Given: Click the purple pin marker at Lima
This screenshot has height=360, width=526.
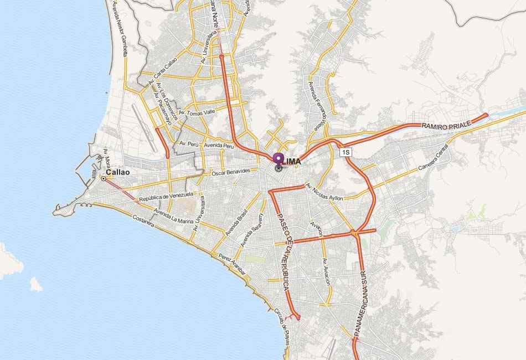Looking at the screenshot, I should tap(278, 158).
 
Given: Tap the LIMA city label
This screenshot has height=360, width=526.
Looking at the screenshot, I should tap(292, 161).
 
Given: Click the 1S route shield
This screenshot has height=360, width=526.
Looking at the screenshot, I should tap(346, 152).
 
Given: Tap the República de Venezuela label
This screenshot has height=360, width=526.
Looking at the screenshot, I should tap(166, 196).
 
